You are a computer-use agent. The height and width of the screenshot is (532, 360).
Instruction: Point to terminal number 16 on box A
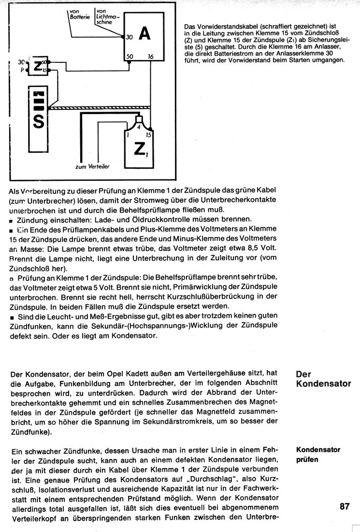pyautogui.click(x=150, y=57)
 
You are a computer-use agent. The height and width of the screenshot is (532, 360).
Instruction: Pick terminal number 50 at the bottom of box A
pyautogui.click(x=130, y=57)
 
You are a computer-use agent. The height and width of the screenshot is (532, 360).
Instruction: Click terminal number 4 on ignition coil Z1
pyautogui.click(x=139, y=127)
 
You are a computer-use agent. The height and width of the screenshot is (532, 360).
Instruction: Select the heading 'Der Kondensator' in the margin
pyautogui.click(x=322, y=379)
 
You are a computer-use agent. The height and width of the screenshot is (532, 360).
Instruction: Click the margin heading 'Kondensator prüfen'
pyautogui.click(x=317, y=455)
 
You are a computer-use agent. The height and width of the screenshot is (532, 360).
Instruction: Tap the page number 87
pyautogui.click(x=344, y=506)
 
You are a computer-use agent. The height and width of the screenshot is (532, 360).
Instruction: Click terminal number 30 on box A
pyautogui.click(x=129, y=36)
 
